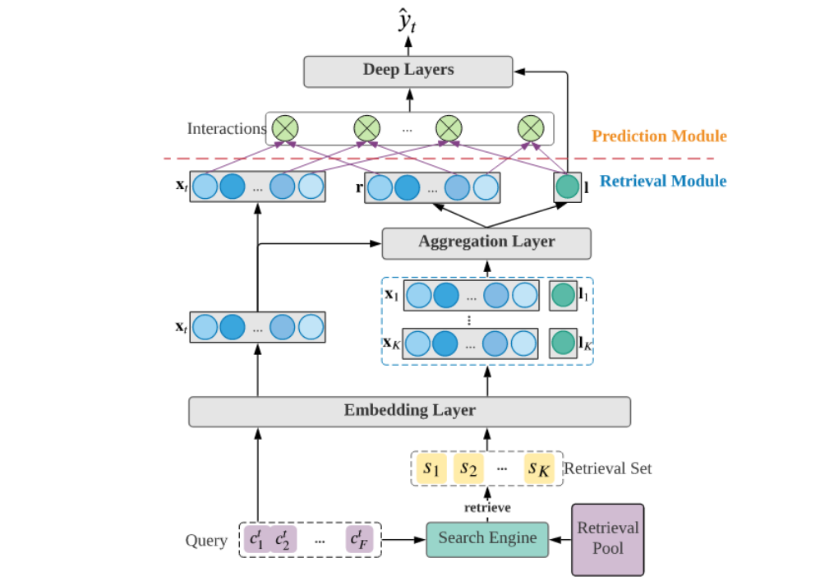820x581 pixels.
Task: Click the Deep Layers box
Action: coord(408,71)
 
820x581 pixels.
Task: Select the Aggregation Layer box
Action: coord(486,242)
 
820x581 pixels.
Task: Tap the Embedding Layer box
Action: coord(409,411)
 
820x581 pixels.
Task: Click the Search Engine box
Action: coord(487,539)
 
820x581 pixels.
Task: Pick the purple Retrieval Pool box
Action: coord(608,539)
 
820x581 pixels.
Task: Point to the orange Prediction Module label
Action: coord(660,136)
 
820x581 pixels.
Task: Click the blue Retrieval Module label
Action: coord(663,181)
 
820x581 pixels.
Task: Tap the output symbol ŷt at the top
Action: coord(407,24)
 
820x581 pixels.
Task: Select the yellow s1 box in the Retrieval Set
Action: coord(431,468)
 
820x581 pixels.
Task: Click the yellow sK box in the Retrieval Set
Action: coord(541,468)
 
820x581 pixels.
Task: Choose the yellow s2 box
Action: coord(468,468)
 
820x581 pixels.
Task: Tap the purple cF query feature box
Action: coord(360,540)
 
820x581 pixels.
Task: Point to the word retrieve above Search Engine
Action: coord(486,507)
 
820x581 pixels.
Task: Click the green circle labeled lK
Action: coord(563,343)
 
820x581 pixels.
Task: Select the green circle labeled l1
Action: coord(563,295)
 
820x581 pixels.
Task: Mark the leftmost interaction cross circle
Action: coord(285,128)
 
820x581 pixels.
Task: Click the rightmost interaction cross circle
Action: coord(531,128)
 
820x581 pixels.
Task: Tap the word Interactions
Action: coord(227,129)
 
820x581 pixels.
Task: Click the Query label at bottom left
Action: coord(206,541)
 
